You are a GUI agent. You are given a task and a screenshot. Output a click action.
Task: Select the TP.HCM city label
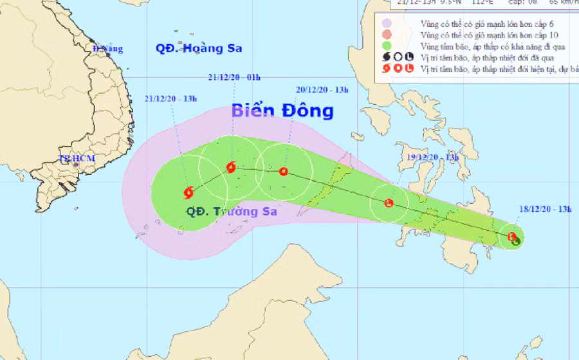pos(73,157)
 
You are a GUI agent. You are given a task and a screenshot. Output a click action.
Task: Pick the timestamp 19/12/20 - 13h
pos(433,157)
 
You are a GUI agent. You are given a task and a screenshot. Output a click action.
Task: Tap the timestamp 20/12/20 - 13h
pos(322,90)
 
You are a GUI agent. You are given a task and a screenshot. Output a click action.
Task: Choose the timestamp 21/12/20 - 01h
pos(234,77)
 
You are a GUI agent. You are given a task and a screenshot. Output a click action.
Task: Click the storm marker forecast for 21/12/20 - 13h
pos(188,192)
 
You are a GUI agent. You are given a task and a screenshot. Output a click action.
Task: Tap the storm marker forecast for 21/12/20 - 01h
pos(231,168)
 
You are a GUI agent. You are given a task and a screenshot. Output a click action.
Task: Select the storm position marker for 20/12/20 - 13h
pos(284,172)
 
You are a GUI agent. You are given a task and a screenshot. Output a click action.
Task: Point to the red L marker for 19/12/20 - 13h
pos(389,204)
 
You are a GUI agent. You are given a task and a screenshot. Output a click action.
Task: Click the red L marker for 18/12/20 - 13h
pos(511,237)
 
